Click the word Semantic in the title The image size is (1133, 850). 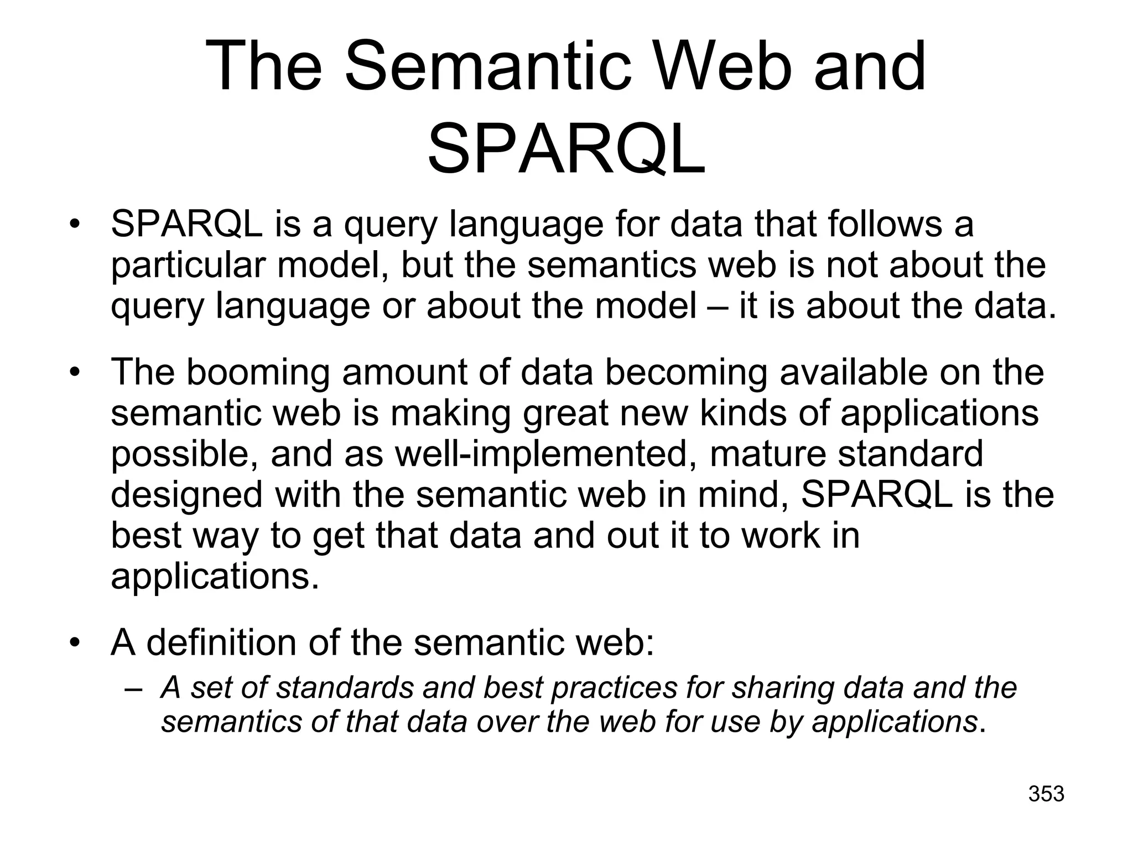coord(487,66)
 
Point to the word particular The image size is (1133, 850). coord(188,266)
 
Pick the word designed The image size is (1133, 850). coord(187,495)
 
